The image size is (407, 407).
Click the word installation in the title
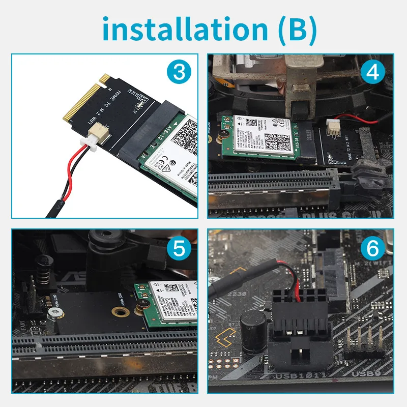tap(183, 29)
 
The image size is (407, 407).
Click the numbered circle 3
tap(179, 72)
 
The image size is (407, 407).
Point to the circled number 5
tap(179, 249)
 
